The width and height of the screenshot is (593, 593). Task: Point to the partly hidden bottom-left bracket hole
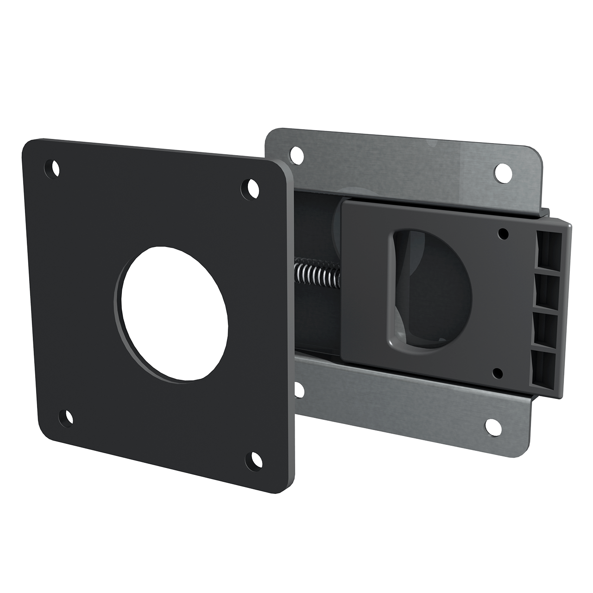coord(299,392)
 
